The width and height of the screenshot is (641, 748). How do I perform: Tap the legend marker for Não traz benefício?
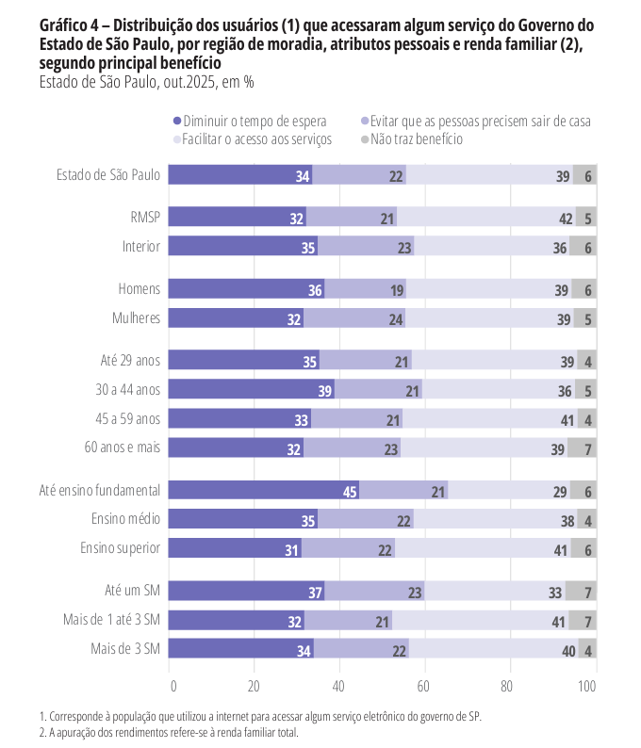tap(365, 139)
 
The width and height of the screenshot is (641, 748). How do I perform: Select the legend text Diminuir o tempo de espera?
tap(255, 121)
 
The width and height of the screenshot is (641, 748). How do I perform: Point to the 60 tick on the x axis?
tap(423, 686)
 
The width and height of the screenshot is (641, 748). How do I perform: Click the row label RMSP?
tap(145, 218)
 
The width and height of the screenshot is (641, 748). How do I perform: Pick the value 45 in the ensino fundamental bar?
tap(350, 491)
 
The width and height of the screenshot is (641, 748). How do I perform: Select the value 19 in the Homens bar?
tap(397, 290)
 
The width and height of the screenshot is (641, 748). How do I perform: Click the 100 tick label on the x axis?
tap(587, 686)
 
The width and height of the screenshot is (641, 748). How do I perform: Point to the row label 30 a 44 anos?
tap(128, 389)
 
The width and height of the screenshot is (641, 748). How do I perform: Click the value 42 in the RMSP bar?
tap(566, 219)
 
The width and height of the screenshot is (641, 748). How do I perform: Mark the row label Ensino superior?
tap(125, 548)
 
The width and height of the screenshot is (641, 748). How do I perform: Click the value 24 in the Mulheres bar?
tap(396, 319)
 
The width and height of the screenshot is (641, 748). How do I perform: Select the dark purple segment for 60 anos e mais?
tap(236, 448)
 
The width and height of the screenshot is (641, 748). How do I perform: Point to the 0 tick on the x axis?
tap(172, 686)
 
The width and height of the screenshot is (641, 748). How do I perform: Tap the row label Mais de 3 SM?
tap(125, 649)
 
